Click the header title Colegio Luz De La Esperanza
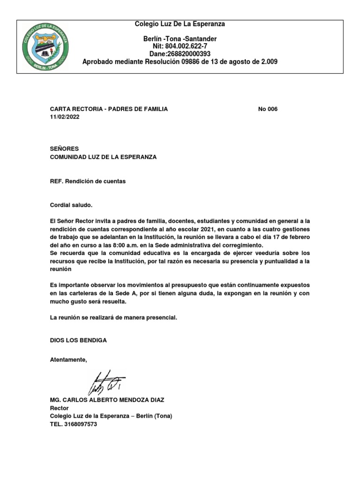pos(180,24)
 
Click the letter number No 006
pos(268,109)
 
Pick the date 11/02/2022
pos(65,117)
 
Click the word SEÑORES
pos(64,149)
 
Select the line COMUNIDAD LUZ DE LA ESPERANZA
pos(103,157)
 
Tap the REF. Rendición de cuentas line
pos(88,181)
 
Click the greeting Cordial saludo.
pos(71,205)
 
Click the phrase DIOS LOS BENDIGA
pos(78,340)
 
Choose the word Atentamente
pos(68,360)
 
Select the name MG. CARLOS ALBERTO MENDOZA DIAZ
pos(107,400)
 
